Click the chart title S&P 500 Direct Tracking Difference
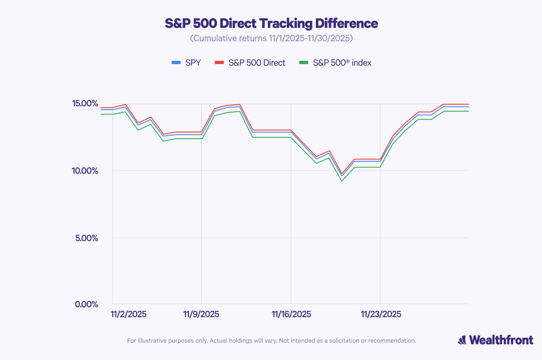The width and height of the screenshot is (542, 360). coord(271,23)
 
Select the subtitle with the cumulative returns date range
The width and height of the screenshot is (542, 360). coord(271,38)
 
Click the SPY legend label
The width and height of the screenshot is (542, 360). coord(193,62)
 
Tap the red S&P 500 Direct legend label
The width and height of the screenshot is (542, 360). coord(257,62)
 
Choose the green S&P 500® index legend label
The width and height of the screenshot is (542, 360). coord(342,62)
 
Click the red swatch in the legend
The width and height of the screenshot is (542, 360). coord(220,62)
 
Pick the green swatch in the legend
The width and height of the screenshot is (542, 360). coord(304,62)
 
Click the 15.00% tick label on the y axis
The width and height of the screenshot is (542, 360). coord(86,104)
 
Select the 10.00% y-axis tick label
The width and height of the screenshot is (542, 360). coord(86,171)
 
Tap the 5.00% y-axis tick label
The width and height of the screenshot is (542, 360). coord(87,238)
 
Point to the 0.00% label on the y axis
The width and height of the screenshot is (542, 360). coord(87,304)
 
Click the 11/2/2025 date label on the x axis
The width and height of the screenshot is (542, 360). coord(128,314)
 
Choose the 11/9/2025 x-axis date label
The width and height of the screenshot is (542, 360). coord(201,314)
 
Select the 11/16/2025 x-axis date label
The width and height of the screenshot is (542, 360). coord(291,314)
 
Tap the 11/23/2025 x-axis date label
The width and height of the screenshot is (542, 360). coord(380,314)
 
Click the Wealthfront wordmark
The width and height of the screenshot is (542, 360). coord(500,340)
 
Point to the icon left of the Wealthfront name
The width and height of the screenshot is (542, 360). coord(462,340)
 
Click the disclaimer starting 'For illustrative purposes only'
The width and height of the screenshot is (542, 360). coord(271,340)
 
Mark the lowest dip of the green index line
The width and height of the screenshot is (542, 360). coord(342,181)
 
